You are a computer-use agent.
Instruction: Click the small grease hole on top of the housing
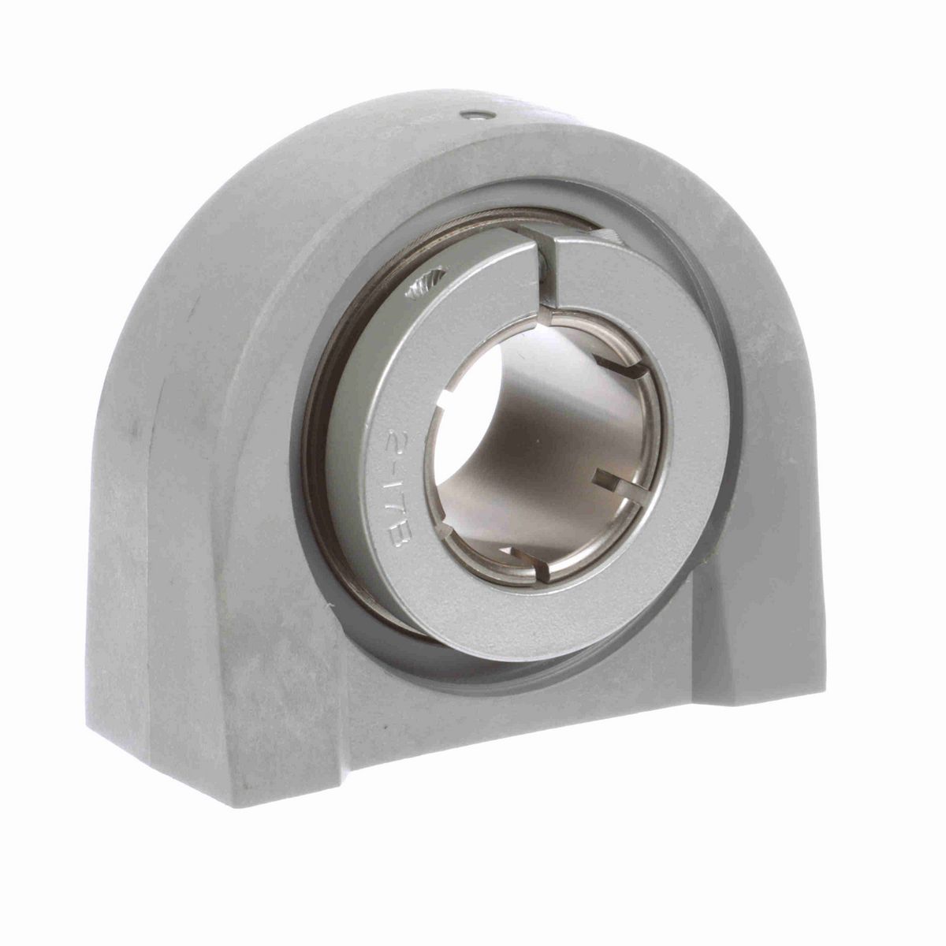pyautogui.click(x=473, y=115)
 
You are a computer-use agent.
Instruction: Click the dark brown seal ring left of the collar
pyautogui.click(x=319, y=410)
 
